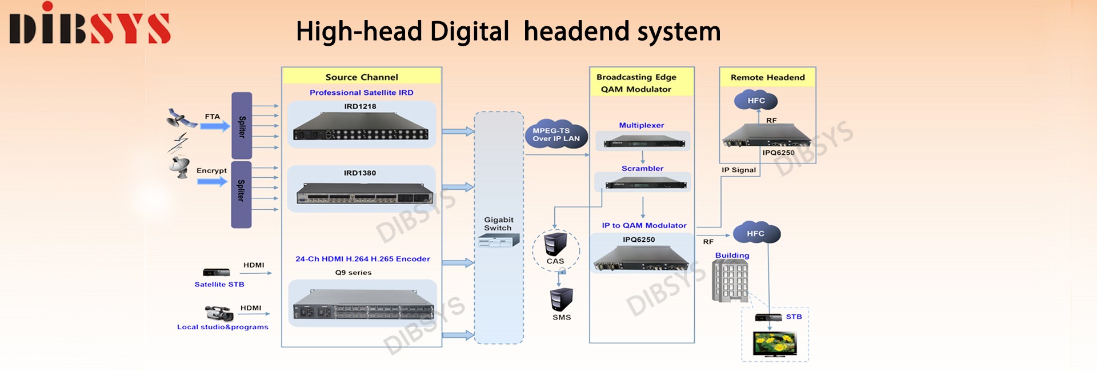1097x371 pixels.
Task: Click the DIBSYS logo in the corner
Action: [90, 26]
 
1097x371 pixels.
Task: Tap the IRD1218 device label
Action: [360, 106]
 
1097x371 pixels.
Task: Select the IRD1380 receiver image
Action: [365, 193]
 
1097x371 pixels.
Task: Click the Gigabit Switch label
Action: [498, 224]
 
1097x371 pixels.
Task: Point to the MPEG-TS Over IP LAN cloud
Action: [556, 135]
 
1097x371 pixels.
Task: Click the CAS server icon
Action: [555, 244]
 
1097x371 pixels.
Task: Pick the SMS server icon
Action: [561, 300]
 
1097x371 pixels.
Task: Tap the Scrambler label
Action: [642, 169]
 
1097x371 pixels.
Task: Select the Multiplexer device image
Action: [642, 141]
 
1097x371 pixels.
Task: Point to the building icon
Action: [730, 281]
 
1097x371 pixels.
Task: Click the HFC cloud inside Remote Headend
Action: [755, 101]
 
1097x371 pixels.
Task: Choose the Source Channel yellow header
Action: [362, 77]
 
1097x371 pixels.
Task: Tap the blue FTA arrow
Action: [215, 126]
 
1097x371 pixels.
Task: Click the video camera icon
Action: [219, 313]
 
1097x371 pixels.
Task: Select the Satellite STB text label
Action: [219, 285]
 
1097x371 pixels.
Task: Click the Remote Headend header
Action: [767, 78]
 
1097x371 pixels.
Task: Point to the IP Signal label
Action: [738, 170]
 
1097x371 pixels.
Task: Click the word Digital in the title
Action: [469, 31]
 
